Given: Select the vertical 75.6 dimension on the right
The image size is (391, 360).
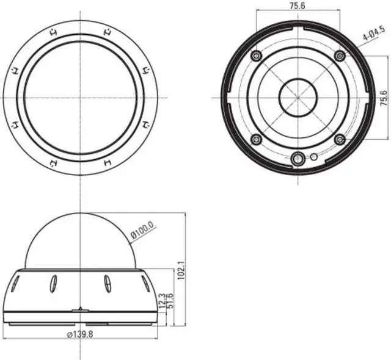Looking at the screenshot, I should tap(383, 97).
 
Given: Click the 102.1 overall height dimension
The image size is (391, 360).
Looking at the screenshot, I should tap(181, 268).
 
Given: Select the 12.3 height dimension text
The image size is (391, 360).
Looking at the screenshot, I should tap(161, 301).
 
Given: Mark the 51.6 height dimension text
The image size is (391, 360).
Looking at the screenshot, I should tap(170, 300).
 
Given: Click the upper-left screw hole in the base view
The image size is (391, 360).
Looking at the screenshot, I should tap(256, 56).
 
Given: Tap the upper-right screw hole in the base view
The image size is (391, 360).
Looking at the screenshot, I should tap(340, 56).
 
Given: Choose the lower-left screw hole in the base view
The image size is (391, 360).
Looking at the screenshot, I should tap(256, 140).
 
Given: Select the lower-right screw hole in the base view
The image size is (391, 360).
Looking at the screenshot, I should tap(340, 140).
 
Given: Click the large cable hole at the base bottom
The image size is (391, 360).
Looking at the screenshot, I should tap(298, 159).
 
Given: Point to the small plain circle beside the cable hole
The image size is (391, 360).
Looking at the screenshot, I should tap(313, 157).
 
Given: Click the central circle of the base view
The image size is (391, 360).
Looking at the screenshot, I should tap(298, 97).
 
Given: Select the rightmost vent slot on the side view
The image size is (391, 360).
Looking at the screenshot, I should tap(145, 284).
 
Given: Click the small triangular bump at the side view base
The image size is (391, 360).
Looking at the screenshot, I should tap(80, 309).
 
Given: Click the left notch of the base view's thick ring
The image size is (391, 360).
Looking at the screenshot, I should tap(225, 97).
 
